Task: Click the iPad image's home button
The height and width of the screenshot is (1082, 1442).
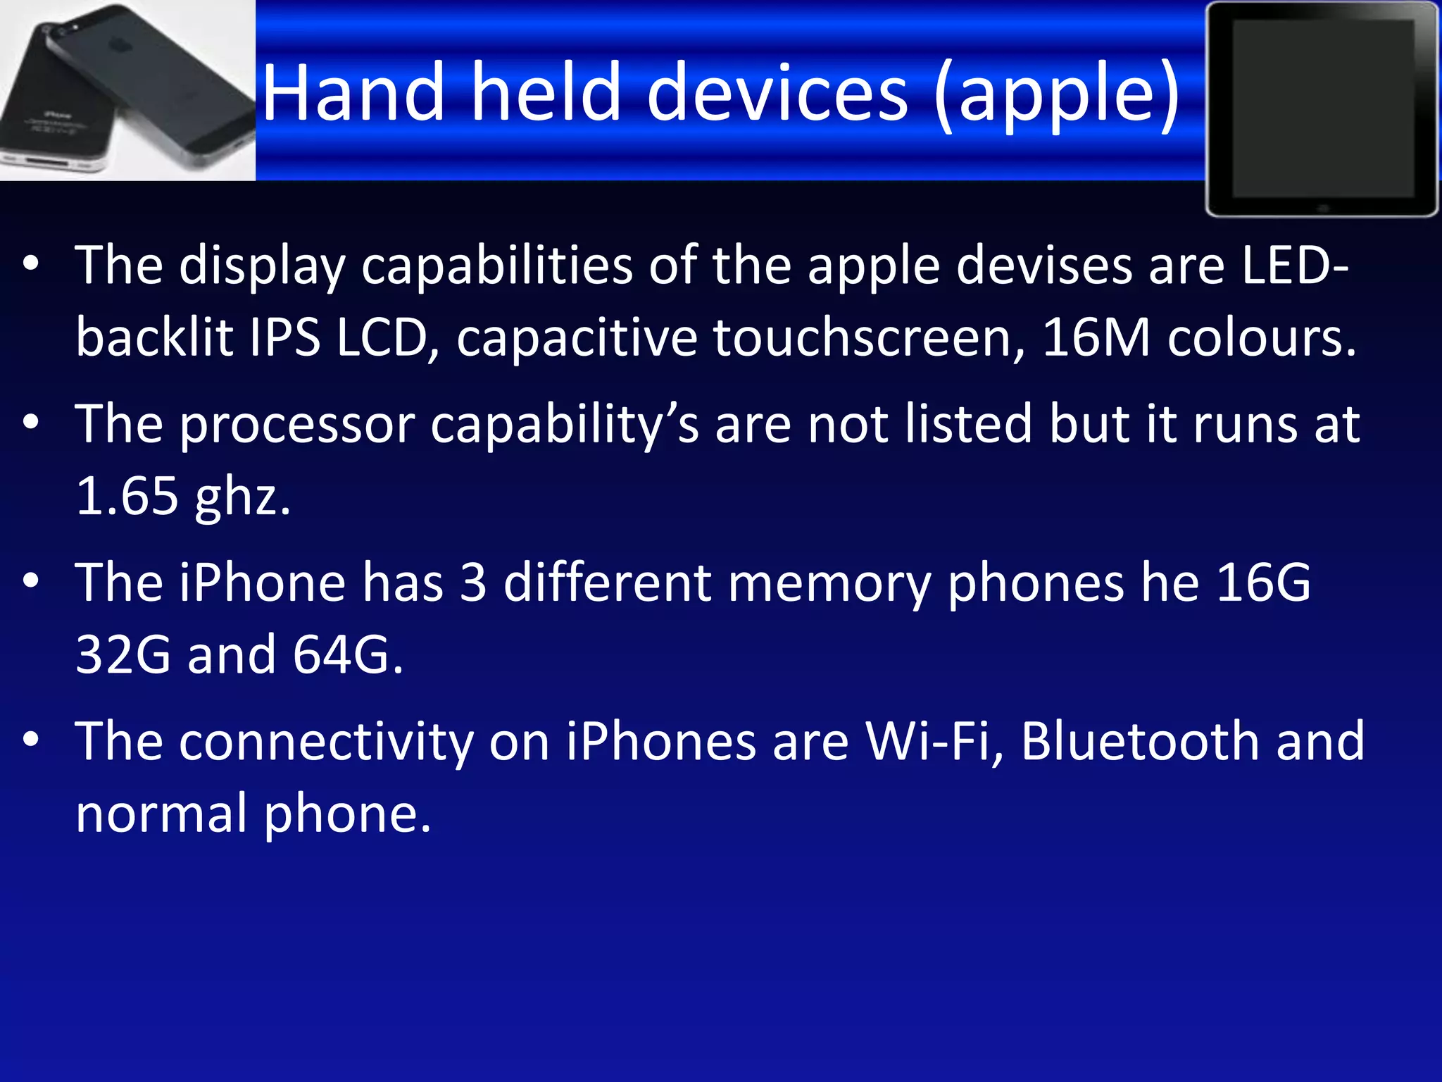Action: (1322, 208)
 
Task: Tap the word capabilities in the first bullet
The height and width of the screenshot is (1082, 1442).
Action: (496, 266)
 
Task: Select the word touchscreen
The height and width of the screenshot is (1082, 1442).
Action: (869, 337)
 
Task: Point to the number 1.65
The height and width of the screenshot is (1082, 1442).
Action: (127, 496)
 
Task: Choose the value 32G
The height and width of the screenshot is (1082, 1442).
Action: (123, 654)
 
